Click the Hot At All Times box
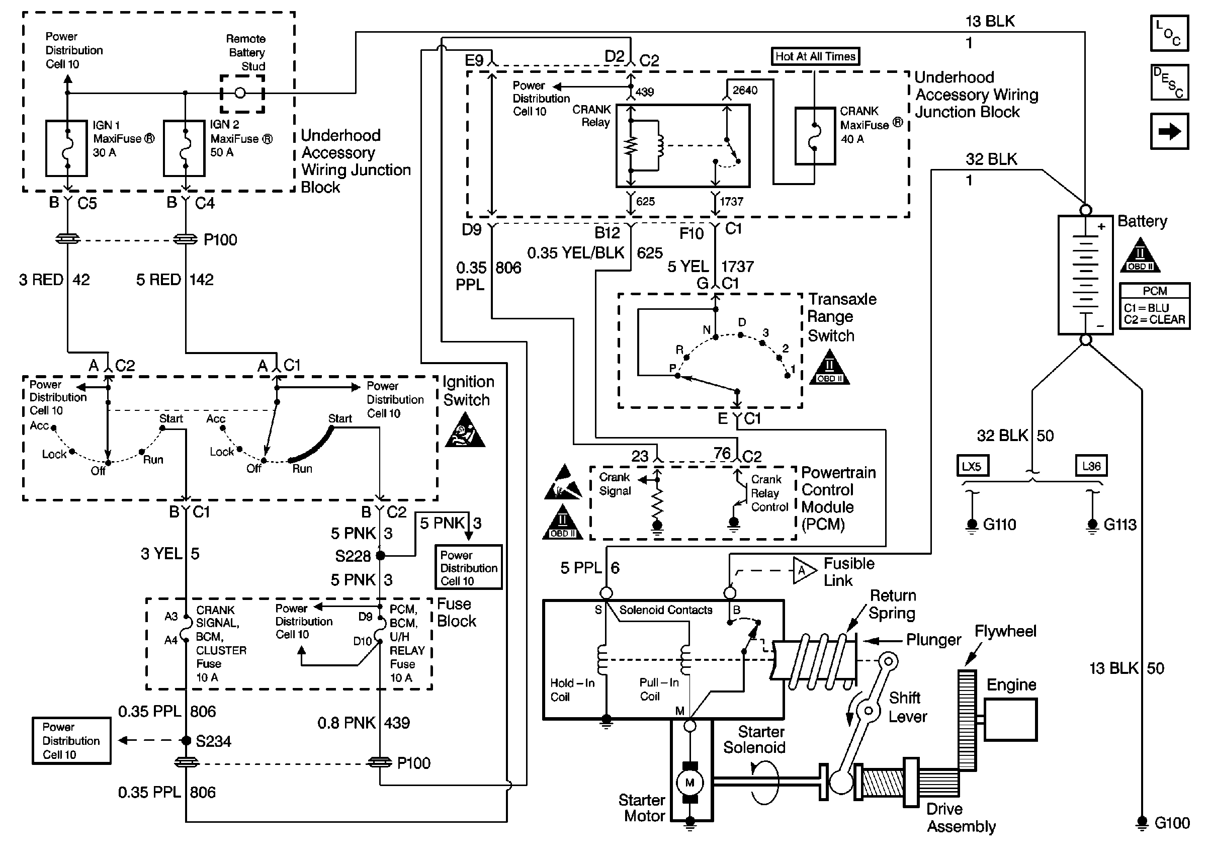click(815, 56)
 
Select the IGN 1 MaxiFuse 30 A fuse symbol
click(66, 148)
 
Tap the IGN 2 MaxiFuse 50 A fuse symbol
click(184, 148)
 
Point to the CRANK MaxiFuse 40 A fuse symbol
click(815, 136)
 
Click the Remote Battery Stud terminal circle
click(240, 93)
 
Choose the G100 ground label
click(1172, 823)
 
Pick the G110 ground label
click(999, 525)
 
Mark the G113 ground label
click(1119, 525)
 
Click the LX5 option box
click(972, 466)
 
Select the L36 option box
click(1091, 466)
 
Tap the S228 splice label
click(353, 556)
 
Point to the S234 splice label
click(213, 741)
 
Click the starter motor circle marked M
click(690, 783)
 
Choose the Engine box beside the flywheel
click(1011, 719)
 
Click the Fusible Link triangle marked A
click(803, 571)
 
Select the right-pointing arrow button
click(1169, 131)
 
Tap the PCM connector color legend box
click(1155, 306)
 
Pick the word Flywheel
click(1005, 632)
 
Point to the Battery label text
click(1142, 221)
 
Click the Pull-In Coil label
click(658, 689)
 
